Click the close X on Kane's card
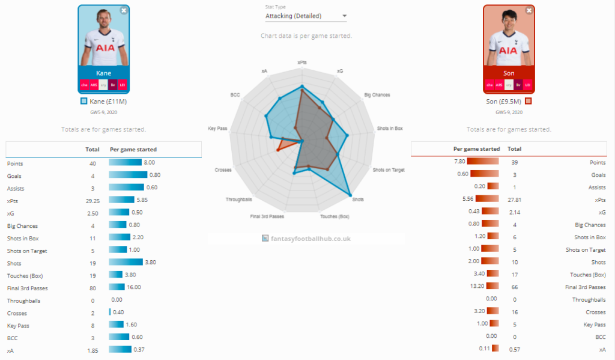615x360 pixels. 124,10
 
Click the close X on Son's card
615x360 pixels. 529,10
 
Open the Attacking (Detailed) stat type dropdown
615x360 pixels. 306,16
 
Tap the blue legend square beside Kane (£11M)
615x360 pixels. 84,102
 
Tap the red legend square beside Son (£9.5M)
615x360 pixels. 529,101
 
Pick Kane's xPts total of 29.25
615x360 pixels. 92,200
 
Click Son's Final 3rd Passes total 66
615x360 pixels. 514,287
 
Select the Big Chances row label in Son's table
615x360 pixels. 590,225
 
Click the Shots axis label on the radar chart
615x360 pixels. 358,199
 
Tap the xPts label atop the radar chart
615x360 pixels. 302,62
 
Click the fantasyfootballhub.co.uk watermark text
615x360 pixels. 311,239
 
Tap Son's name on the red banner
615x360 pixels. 509,73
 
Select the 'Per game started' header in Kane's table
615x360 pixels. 133,150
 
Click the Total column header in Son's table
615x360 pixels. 514,148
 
